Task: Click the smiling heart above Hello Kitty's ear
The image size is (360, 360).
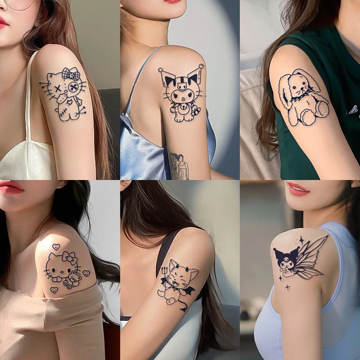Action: tap(56, 247)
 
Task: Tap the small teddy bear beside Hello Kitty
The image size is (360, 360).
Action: tap(72, 280)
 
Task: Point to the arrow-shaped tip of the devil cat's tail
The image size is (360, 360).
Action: tap(184, 310)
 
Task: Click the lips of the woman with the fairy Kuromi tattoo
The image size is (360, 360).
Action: tap(299, 189)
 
